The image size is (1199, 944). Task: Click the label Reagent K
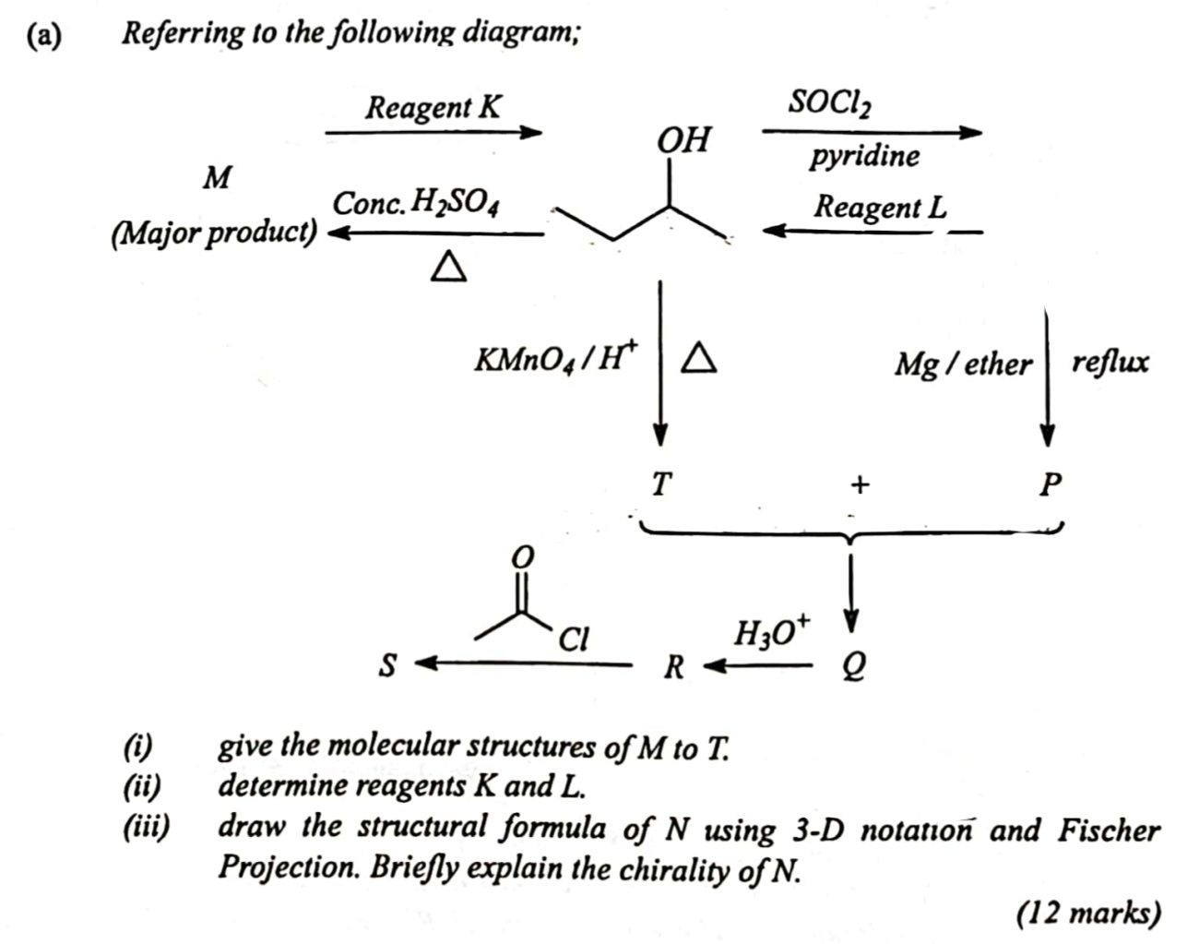coord(433,107)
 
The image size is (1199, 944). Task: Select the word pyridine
coord(864,155)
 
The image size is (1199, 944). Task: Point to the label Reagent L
coord(879,206)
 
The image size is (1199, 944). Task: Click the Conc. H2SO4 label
coord(416,203)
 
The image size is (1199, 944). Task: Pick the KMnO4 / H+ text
coord(555,358)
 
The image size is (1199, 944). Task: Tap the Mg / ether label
coord(962,364)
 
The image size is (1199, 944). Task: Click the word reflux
coord(1110,361)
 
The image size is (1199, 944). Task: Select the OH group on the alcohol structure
coord(683,140)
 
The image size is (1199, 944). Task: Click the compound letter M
coord(218,176)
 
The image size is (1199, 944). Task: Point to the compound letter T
coord(660,483)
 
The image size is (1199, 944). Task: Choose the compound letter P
coord(1050,484)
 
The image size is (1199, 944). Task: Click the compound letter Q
coord(853,664)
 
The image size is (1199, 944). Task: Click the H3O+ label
coord(771,633)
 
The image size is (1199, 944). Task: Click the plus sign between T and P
coord(860,484)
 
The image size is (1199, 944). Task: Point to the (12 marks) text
coord(1088,912)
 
